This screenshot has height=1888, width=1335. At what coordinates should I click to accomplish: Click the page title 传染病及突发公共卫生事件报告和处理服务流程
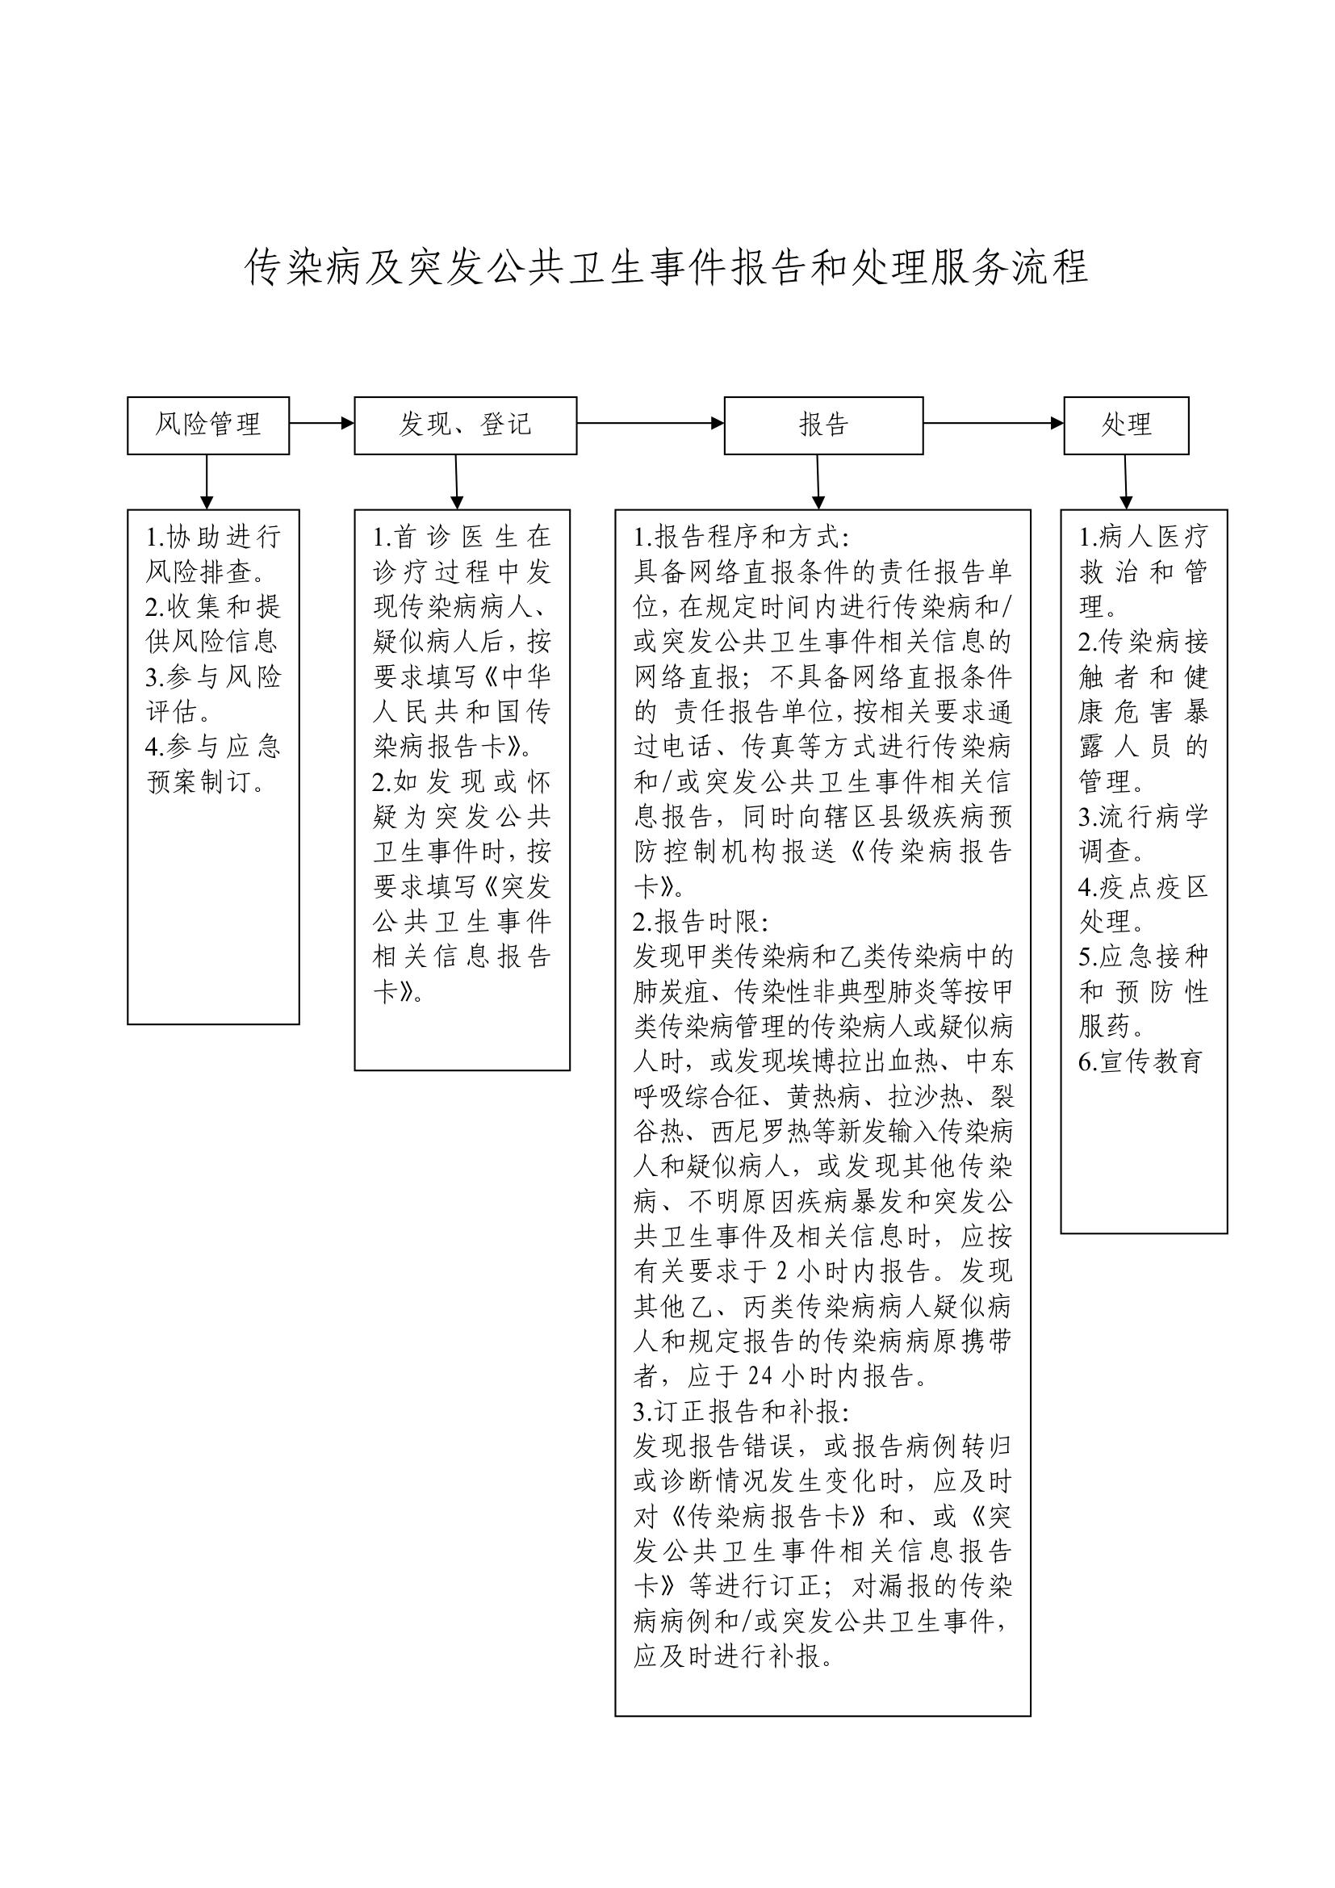667,267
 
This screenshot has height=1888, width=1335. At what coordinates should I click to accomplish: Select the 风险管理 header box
208,425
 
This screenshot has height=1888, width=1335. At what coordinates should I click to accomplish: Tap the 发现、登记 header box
465,425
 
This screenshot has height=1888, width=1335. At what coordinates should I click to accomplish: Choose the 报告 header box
822,425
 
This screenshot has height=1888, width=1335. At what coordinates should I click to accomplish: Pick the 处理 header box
1125,425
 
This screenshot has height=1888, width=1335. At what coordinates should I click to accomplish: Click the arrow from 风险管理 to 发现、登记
321,424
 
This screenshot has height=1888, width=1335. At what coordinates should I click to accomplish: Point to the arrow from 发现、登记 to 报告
650,424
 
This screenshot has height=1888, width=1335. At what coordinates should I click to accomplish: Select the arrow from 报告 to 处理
993,424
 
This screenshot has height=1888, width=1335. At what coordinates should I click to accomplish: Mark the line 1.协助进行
213,537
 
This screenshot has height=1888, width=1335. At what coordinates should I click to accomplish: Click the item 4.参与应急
213,746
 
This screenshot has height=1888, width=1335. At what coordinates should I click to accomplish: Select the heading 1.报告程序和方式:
740,537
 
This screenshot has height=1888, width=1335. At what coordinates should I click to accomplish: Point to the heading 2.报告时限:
701,921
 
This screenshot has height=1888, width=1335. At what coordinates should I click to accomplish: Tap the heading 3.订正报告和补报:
740,1411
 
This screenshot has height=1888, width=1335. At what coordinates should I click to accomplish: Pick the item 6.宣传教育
1140,1061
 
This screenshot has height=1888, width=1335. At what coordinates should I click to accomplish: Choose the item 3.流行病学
1143,817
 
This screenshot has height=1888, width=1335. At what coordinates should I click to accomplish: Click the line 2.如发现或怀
461,781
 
